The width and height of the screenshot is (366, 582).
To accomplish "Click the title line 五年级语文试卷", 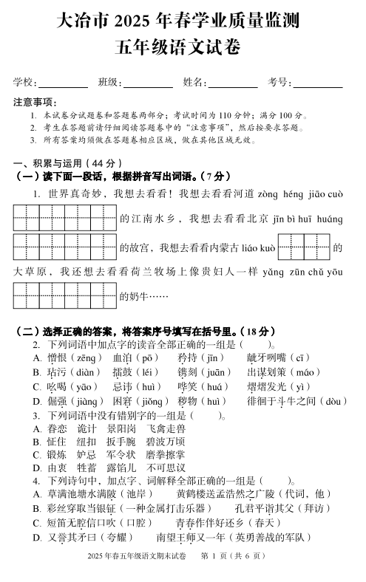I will (183, 48).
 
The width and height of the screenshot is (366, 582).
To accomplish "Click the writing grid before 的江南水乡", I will (66, 219).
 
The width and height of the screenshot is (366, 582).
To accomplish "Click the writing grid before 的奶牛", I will (66, 296).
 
